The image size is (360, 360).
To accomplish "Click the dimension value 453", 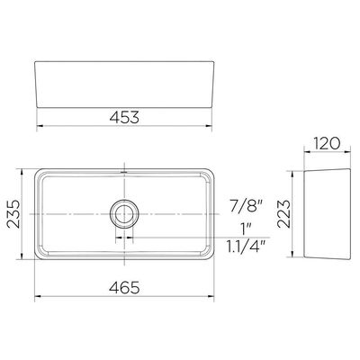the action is click(124, 117).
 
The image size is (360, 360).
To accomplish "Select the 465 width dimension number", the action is click(124, 288).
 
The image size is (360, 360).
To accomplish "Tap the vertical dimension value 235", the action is click(13, 213).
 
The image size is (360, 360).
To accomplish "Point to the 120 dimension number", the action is click(327, 143).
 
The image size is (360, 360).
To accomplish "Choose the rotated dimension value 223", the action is click(283, 214).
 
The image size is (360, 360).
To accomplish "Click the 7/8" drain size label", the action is click(246, 207).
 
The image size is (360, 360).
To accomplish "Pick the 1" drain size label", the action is click(247, 230).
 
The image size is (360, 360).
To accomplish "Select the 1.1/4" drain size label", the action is click(246, 247).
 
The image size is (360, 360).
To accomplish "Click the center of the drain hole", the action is click(124, 214).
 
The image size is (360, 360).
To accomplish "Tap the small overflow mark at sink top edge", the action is click(124, 172).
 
